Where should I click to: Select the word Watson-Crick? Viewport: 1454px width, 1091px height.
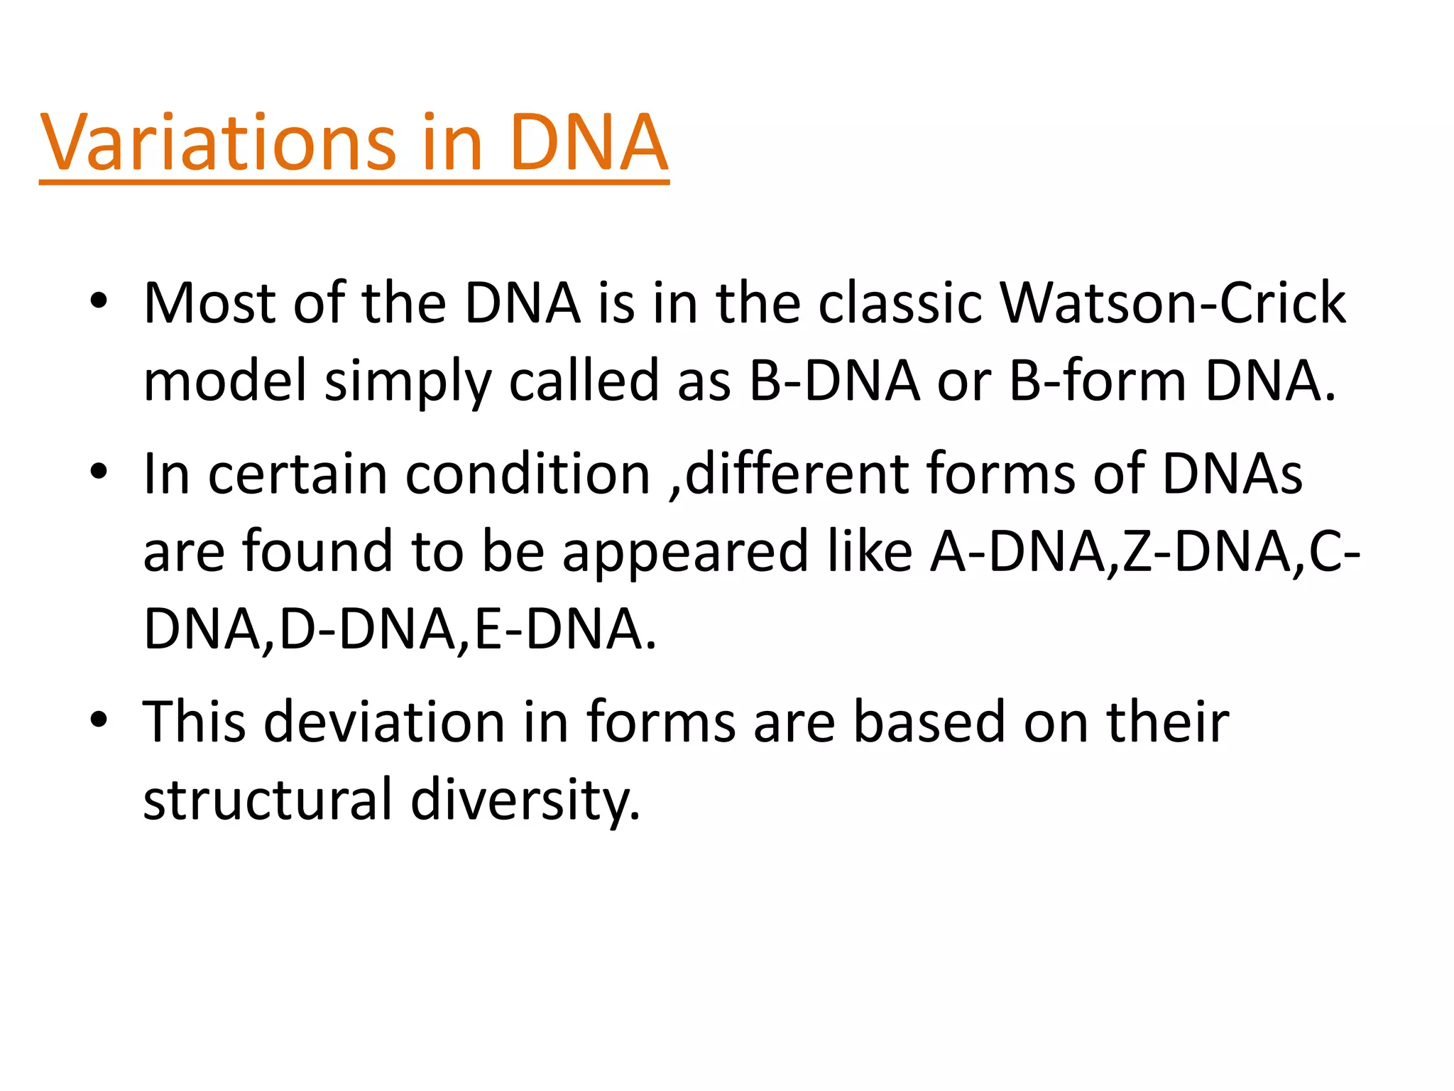(1172, 303)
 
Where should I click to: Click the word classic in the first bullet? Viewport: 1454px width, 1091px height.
(900, 303)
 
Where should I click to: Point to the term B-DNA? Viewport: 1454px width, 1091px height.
(835, 381)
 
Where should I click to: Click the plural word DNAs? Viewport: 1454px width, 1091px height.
(1232, 474)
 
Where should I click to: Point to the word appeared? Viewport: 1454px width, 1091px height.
(685, 553)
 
